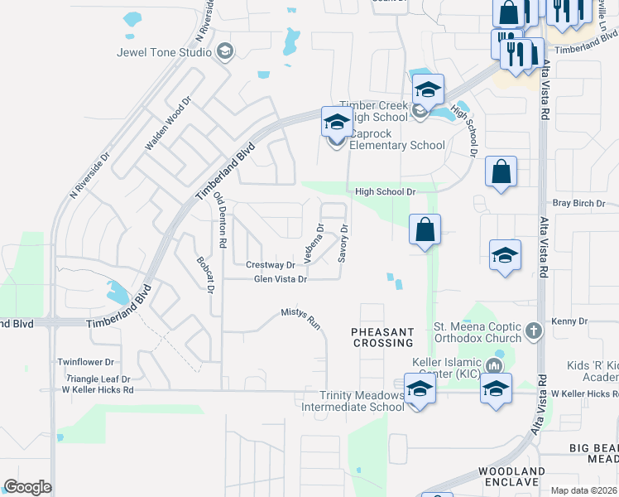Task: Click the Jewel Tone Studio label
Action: click(165, 52)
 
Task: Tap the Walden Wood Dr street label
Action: click(168, 123)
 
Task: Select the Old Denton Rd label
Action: click(220, 220)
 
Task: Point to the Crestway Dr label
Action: click(271, 265)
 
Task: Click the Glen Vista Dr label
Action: click(281, 280)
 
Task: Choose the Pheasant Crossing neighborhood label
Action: click(382, 337)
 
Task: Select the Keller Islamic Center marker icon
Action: click(496, 365)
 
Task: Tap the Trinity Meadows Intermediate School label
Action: click(353, 401)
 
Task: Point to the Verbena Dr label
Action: click(313, 243)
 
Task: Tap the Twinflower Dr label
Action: click(86, 362)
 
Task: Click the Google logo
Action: click(27, 487)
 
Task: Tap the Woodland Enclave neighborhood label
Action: click(512, 478)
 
